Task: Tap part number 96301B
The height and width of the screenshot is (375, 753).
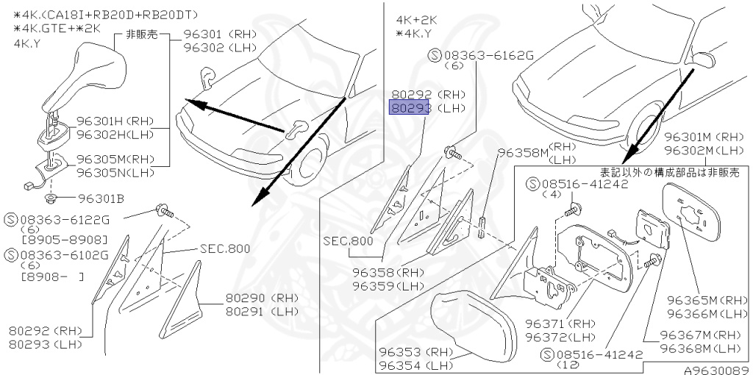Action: [x=101, y=199]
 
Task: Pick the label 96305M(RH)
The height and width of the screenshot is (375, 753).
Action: [x=115, y=160]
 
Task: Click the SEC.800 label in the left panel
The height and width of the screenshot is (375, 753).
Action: [x=224, y=249]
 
